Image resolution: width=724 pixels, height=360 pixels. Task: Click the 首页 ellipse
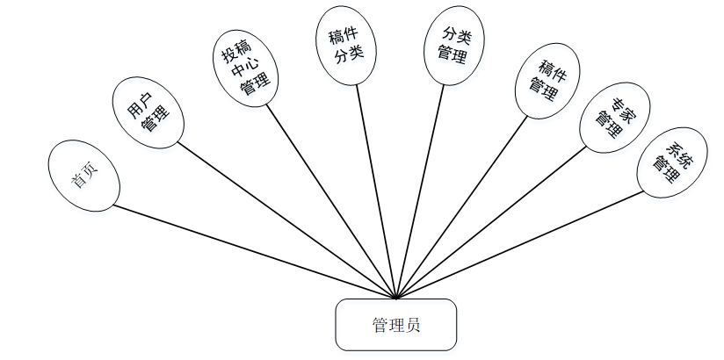[x=83, y=175]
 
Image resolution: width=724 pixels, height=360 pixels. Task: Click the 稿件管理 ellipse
[x=547, y=76]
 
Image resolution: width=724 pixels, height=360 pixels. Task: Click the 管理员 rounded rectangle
[x=395, y=324]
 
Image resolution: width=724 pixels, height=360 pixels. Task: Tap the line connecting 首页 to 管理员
[x=255, y=252]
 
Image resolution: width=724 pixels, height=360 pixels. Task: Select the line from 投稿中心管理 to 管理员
[x=330, y=202]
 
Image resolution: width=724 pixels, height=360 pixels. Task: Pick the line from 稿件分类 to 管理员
[x=376, y=191]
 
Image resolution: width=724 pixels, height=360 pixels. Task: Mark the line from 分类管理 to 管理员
[x=421, y=191]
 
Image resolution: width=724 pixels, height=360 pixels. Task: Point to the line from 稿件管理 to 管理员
[x=461, y=207]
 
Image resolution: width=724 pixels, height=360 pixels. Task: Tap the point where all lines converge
[x=397, y=299]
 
